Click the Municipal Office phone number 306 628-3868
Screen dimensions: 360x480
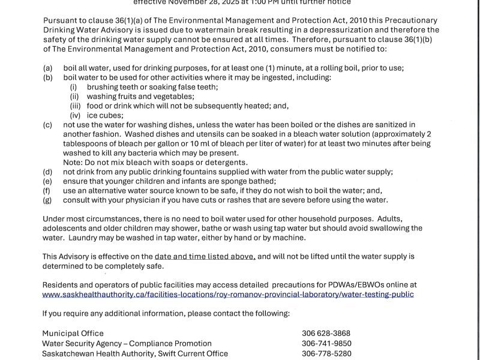[326, 334]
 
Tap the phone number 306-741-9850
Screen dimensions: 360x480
[327, 344]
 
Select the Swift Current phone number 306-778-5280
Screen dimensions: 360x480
[327, 354]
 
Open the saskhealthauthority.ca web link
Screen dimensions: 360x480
[228, 295]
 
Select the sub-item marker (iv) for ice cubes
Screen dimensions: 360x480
[75, 115]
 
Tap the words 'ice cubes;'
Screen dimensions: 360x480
[105, 115]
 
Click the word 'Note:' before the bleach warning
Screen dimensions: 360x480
[73, 163]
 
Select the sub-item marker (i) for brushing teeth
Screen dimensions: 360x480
[74, 87]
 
